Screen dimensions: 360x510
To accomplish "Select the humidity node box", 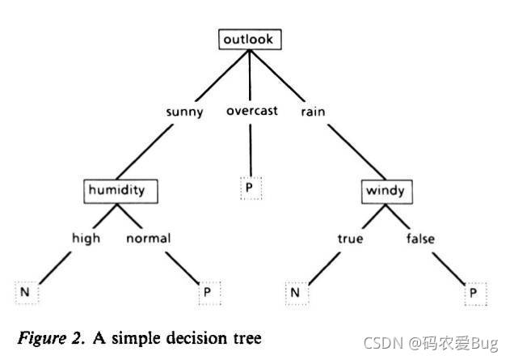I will pyautogui.click(x=120, y=191).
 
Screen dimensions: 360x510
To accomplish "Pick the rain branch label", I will pyautogui.click(x=311, y=112).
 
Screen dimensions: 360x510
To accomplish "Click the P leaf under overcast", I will pyautogui.click(x=251, y=188).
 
